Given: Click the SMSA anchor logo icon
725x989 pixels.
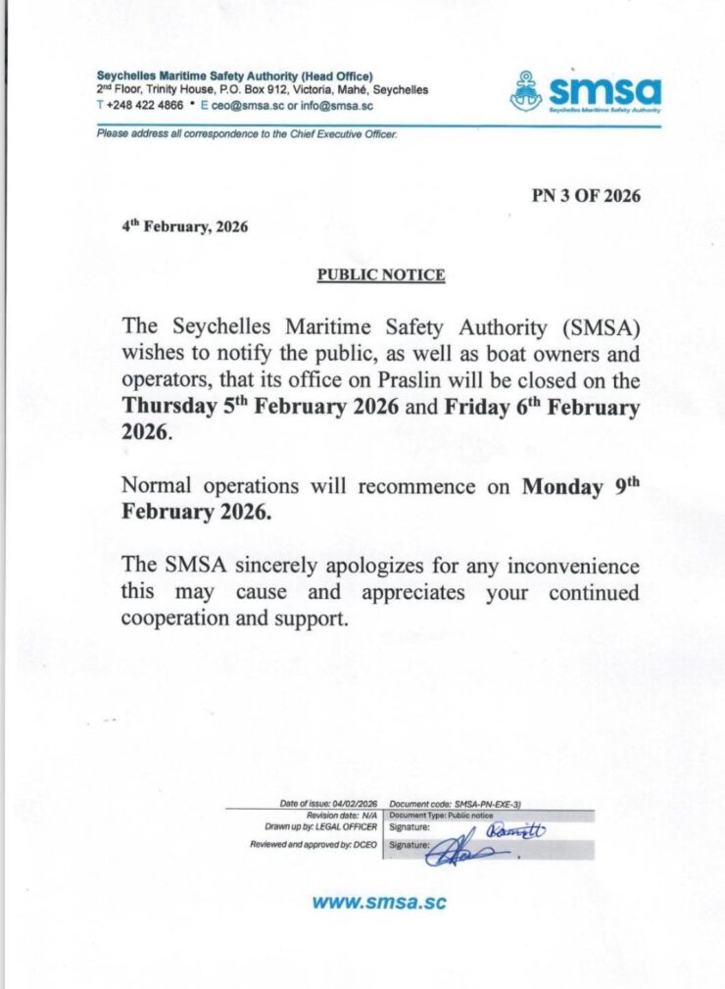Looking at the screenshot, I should click(526, 91).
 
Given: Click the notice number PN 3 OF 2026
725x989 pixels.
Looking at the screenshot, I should click(586, 195).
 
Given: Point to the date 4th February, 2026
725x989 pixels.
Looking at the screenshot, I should click(184, 226).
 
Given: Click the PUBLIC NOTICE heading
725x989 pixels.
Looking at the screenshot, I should click(380, 275).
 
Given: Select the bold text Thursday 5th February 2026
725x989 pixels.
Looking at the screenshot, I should click(260, 407).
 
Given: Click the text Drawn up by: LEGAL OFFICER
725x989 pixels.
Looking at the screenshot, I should click(314, 826).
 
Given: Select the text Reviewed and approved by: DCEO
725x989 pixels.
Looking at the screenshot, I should click(313, 844).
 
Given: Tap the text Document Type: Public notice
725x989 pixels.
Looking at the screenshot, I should click(441, 815).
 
